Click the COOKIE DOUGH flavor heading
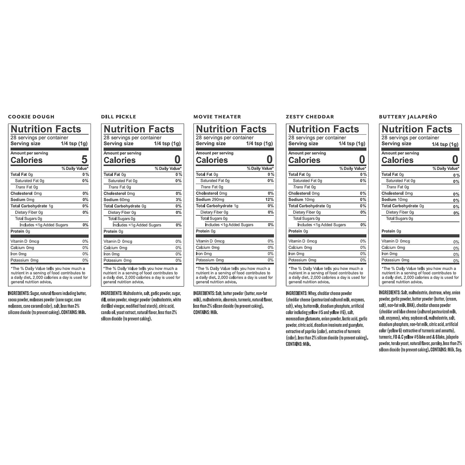coord(31,117)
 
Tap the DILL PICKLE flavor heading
coord(118,117)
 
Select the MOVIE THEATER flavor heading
coord(217,117)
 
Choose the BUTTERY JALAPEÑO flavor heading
coord(408,117)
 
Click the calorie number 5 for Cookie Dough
coord(84,160)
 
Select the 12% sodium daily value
coord(269,200)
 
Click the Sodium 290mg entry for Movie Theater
coord(210,200)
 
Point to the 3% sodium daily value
coord(179,200)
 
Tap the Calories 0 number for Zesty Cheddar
coord(362,160)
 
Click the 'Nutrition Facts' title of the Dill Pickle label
coord(139,129)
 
